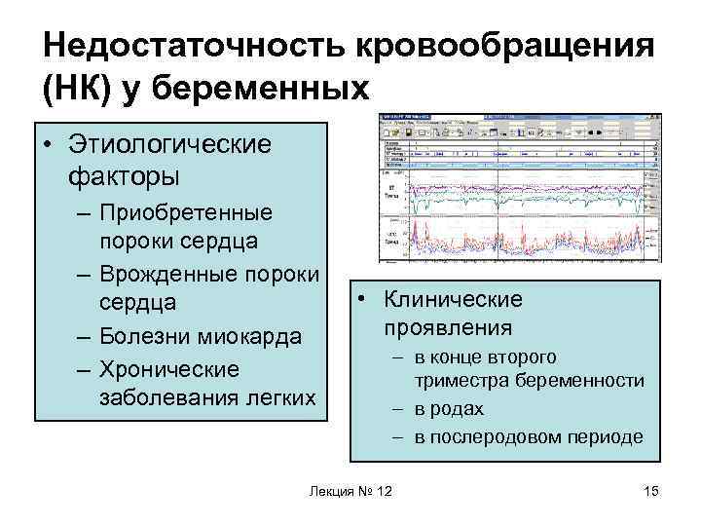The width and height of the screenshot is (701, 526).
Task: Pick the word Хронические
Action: [x=169, y=370]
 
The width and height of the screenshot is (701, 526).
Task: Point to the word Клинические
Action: [x=453, y=299]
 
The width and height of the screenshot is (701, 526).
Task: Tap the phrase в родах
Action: [x=449, y=408]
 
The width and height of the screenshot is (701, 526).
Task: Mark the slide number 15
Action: [x=651, y=490]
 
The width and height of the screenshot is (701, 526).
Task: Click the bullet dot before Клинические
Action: [x=360, y=300]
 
